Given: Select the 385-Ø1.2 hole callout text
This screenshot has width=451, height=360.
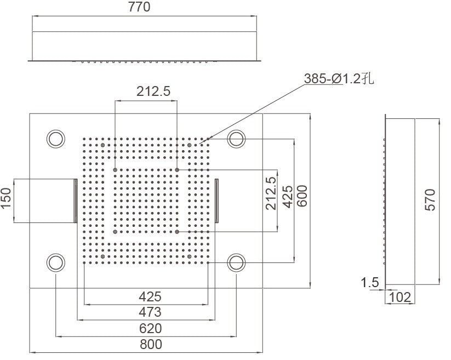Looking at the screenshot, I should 339,79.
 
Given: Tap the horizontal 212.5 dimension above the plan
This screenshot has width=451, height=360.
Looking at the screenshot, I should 146,92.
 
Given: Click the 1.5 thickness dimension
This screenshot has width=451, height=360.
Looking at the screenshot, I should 370,283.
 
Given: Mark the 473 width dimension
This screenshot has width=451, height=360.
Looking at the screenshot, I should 150,312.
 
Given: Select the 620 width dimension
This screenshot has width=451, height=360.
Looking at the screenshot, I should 150,328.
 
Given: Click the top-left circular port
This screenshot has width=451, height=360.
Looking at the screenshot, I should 56,138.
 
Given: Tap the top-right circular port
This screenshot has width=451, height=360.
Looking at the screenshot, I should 237,138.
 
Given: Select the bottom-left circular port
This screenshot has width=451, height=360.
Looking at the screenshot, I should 56,263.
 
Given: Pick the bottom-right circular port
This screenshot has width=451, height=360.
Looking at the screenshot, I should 237,263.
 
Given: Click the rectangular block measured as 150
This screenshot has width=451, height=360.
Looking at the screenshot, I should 44,201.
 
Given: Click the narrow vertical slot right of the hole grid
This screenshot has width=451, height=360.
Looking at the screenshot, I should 218,201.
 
